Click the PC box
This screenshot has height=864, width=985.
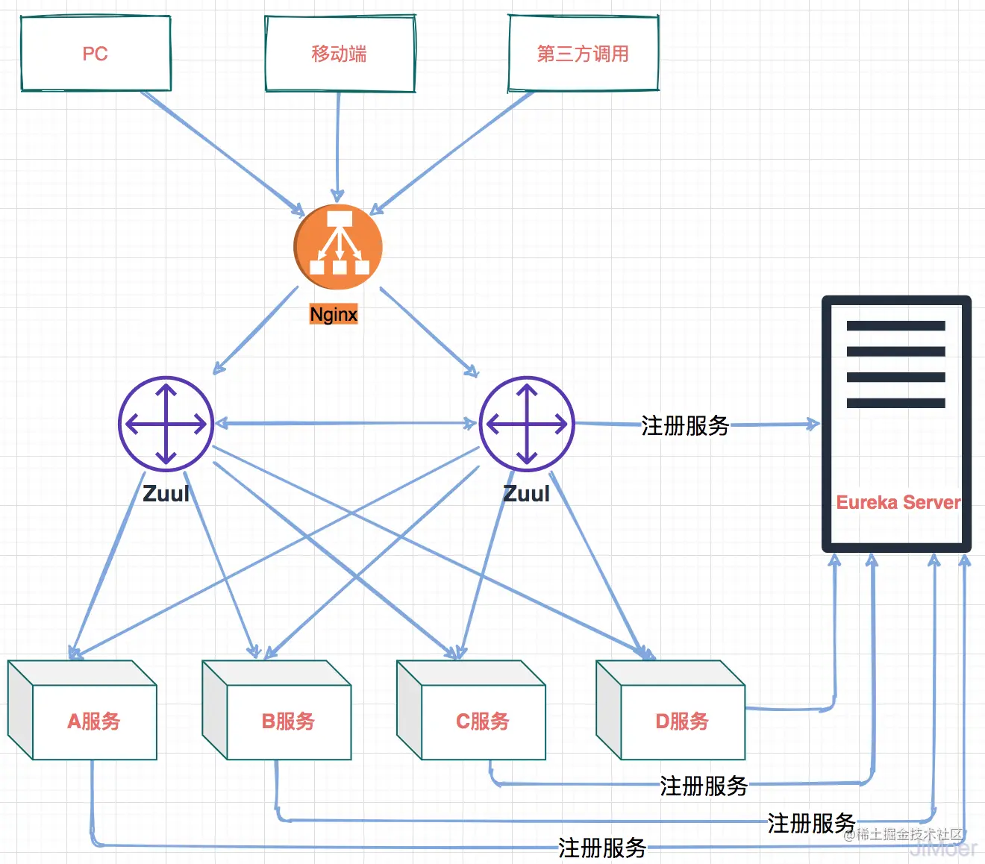pos(96,54)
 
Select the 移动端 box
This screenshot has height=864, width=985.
pos(340,54)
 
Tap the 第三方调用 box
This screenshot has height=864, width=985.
pos(583,54)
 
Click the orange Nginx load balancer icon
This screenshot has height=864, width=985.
pos(338,246)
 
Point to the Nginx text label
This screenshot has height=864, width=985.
pos(334,314)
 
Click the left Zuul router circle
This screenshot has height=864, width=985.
pos(166,424)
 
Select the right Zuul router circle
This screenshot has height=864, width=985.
pos(527,424)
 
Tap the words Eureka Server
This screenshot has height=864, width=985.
pos(898,502)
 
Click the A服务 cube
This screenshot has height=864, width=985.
pos(94,721)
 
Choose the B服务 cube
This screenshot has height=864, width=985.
pos(288,721)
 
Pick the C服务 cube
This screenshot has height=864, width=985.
pos(483,721)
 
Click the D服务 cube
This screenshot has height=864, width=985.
pos(682,721)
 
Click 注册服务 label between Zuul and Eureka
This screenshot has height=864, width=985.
pos(685,425)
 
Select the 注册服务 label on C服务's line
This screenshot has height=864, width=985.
pos(704,786)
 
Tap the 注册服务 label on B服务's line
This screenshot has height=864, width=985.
pos(811,823)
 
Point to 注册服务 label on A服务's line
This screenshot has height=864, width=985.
pos(602,848)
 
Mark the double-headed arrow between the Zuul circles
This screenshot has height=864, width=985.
pos(345,424)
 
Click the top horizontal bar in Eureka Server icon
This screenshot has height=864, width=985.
pos(895,325)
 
